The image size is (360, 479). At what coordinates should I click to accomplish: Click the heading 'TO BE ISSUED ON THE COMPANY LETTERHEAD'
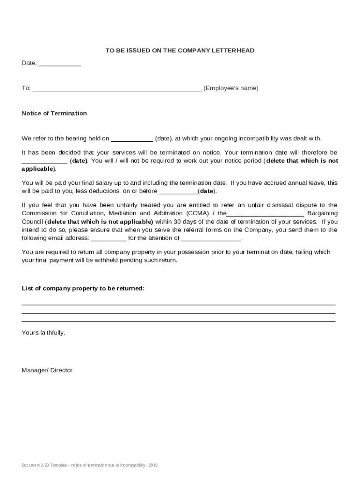(x=180, y=51)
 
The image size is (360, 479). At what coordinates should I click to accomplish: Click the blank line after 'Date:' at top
(x=59, y=64)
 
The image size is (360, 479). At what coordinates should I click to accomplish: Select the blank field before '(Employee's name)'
(x=117, y=89)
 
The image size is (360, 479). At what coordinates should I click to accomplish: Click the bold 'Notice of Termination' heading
(x=54, y=113)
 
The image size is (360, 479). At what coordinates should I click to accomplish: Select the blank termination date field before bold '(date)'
(x=45, y=161)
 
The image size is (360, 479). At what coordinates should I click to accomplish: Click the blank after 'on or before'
(x=178, y=192)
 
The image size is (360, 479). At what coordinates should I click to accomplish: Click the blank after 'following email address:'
(x=108, y=239)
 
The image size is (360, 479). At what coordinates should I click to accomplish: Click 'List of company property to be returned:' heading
(x=83, y=289)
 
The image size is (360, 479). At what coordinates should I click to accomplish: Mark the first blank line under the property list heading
(x=179, y=305)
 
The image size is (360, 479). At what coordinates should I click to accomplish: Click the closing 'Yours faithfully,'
(x=43, y=333)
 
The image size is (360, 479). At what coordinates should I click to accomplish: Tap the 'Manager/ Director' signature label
(x=47, y=370)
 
